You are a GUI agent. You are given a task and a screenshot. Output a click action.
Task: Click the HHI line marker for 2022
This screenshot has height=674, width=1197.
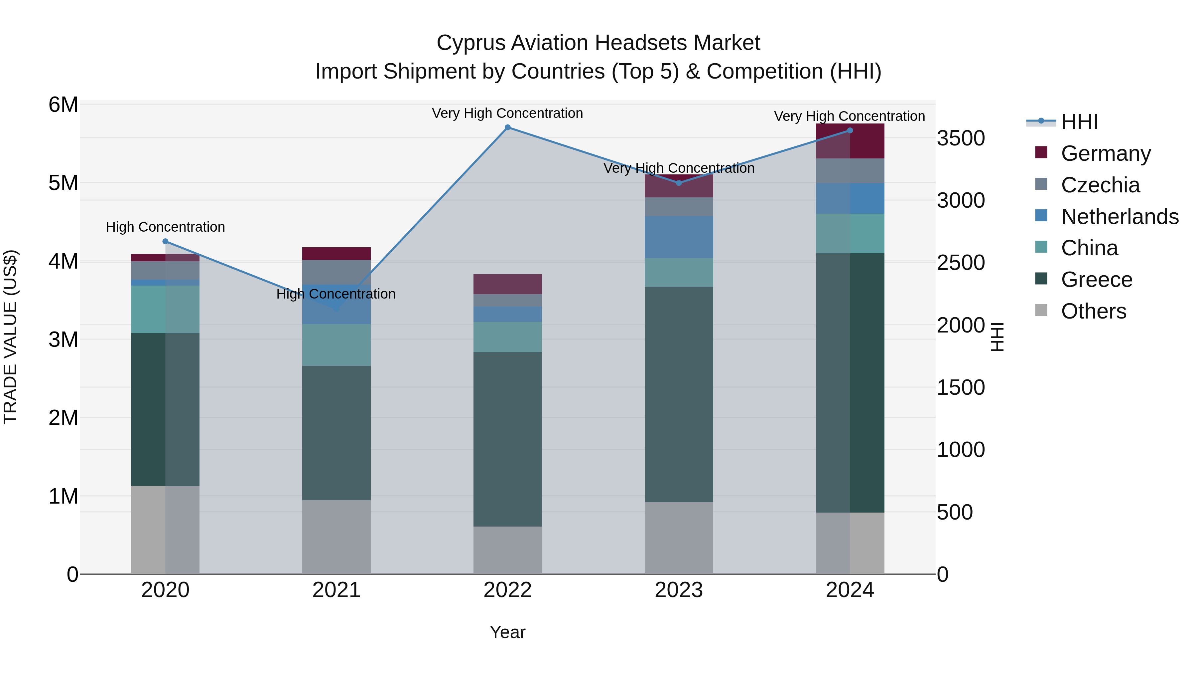(x=507, y=127)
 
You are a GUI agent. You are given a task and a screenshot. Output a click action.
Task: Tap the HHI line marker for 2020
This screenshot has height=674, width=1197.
(x=166, y=241)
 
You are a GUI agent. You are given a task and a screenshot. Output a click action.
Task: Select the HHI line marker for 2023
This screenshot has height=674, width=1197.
(x=679, y=183)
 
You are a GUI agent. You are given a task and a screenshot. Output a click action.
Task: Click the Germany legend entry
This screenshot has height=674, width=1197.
(x=1106, y=153)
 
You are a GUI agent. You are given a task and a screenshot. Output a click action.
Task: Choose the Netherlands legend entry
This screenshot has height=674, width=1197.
(x=1120, y=217)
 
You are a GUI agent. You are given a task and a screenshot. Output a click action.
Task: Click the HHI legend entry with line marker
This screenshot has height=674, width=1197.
(x=1079, y=122)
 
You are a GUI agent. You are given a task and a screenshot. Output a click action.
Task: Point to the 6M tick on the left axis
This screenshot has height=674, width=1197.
(x=63, y=105)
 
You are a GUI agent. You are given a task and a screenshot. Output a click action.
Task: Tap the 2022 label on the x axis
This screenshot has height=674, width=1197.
(x=507, y=590)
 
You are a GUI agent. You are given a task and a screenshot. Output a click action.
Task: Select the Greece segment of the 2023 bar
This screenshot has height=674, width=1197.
(x=679, y=394)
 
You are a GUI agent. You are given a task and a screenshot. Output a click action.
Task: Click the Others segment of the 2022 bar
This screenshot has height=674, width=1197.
(x=507, y=550)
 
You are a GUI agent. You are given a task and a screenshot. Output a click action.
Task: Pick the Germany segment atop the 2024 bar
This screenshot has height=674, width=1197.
(x=850, y=141)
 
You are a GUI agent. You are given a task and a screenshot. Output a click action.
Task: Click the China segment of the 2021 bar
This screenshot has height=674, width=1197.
(x=336, y=345)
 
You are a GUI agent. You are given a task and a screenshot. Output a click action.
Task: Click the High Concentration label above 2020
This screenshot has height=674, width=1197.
(x=166, y=227)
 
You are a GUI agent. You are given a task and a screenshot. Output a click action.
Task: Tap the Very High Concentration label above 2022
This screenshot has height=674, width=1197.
(x=507, y=113)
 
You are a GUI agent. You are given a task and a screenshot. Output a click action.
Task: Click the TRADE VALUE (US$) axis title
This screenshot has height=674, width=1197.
(x=10, y=337)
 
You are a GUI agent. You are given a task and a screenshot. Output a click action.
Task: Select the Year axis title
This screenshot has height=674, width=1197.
(x=507, y=632)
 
